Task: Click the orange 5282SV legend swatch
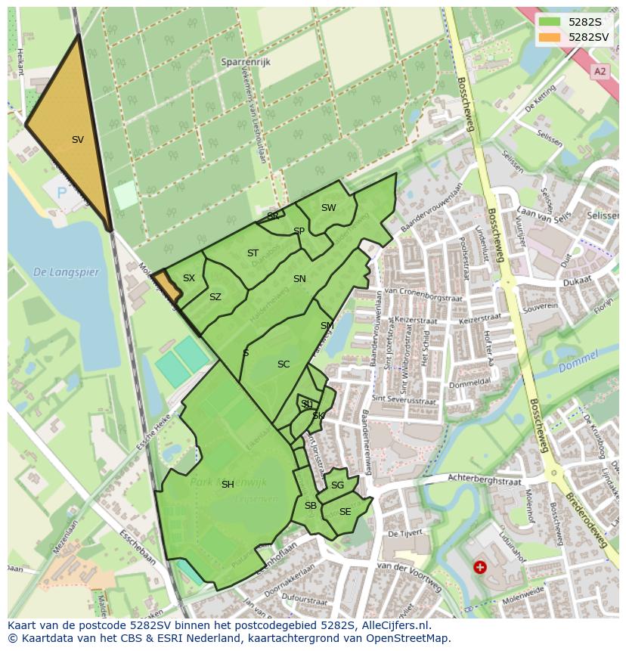[550, 37]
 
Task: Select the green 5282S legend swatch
[550, 22]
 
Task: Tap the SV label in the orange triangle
[78, 140]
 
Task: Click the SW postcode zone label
[328, 208]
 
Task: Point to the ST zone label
[253, 253]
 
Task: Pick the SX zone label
[189, 278]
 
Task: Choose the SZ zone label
[215, 297]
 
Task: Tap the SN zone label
[299, 279]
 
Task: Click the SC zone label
[284, 364]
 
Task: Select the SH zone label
[228, 485]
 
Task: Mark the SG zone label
[337, 485]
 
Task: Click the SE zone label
[346, 512]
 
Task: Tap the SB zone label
[311, 506]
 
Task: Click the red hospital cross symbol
[479, 566]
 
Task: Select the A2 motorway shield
[600, 72]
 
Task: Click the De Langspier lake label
[67, 272]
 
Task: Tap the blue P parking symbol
[61, 194]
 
